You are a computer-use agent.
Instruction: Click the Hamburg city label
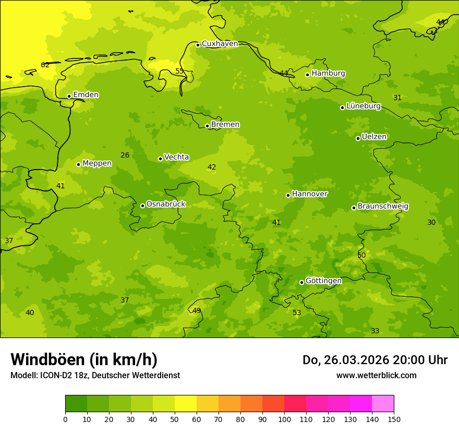(x=328, y=74)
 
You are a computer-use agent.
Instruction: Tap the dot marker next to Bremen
(x=207, y=126)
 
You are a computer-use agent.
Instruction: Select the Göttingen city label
(x=323, y=281)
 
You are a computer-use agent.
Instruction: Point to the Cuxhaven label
(x=220, y=44)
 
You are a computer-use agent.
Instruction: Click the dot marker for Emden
(x=69, y=96)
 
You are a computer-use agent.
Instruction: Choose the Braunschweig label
(x=383, y=207)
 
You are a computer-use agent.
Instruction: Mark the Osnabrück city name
(x=166, y=204)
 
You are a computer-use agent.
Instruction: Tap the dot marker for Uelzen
(x=358, y=138)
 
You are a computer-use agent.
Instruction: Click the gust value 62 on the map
(x=45, y=65)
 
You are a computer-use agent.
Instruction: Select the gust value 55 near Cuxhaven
(x=179, y=71)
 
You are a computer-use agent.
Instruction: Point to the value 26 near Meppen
(x=125, y=155)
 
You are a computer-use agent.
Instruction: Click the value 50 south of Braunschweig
(x=361, y=255)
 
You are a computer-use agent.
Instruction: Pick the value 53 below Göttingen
(x=297, y=313)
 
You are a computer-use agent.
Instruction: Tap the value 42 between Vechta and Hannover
(x=212, y=167)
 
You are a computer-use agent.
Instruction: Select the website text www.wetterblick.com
(x=376, y=375)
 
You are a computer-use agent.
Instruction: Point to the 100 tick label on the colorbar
(x=284, y=419)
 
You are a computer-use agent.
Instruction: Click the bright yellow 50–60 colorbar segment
(x=186, y=404)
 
